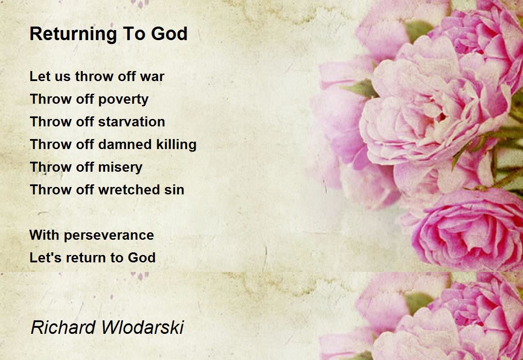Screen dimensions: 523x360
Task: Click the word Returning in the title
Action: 73,34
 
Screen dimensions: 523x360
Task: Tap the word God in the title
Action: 169,34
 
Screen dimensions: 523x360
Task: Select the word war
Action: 152,77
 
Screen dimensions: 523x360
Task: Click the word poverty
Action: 123,100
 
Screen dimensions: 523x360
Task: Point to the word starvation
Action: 132,122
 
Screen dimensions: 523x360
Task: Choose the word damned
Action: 125,144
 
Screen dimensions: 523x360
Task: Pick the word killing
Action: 176,145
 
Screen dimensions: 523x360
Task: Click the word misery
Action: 120,168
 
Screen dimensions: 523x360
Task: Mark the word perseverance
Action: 109,235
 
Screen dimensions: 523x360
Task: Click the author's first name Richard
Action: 63,327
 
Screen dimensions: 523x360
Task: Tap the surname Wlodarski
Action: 143,327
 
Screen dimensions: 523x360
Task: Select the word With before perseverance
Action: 44,235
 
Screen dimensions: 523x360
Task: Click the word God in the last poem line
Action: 142,258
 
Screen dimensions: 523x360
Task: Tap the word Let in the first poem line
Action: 40,76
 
